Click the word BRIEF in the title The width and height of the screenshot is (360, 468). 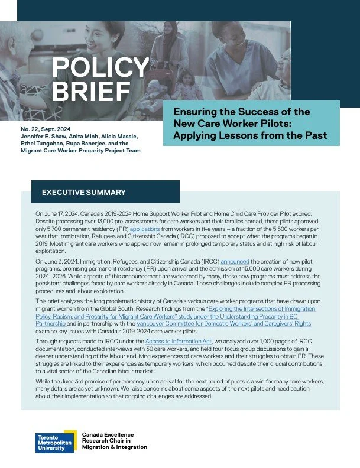coord(90,92)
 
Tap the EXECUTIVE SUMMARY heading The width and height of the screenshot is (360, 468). coord(83,193)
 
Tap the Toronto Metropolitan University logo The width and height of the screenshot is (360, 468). coord(54,442)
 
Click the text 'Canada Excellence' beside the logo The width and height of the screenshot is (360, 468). coord(108,434)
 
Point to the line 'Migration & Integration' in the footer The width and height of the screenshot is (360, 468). coord(115,447)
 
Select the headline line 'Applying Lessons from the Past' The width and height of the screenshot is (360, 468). coord(249,135)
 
